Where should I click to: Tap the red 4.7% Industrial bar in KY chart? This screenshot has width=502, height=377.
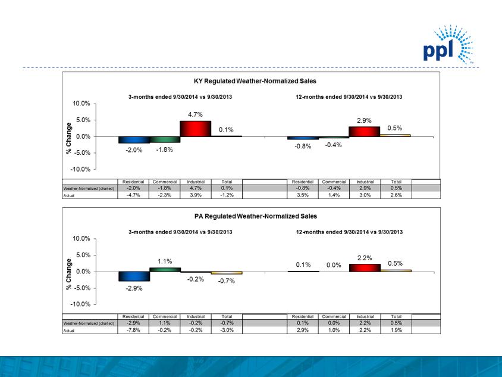[195, 129]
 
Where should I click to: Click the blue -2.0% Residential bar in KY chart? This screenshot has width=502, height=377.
[133, 140]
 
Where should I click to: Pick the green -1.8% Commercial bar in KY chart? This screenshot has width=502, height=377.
[164, 139]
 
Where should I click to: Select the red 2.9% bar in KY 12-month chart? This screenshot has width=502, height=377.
[364, 132]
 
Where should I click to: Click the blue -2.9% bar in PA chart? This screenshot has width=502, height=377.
[133, 276]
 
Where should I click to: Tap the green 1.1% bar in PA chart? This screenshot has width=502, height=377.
[164, 269]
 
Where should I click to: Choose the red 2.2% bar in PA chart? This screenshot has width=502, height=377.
[364, 268]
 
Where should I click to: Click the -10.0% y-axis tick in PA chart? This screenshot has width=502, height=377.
[80, 304]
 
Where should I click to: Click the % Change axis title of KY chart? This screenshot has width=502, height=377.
[70, 138]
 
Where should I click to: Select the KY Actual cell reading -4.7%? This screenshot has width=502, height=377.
[133, 195]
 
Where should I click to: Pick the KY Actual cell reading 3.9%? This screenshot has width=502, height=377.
[195, 195]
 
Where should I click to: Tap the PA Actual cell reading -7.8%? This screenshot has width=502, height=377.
[133, 330]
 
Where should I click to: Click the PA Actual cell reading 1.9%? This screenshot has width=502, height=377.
[396, 330]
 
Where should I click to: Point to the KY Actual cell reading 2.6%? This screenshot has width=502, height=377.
[396, 195]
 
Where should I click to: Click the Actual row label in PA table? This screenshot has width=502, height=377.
[70, 330]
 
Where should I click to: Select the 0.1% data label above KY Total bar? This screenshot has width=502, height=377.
[225, 129]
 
